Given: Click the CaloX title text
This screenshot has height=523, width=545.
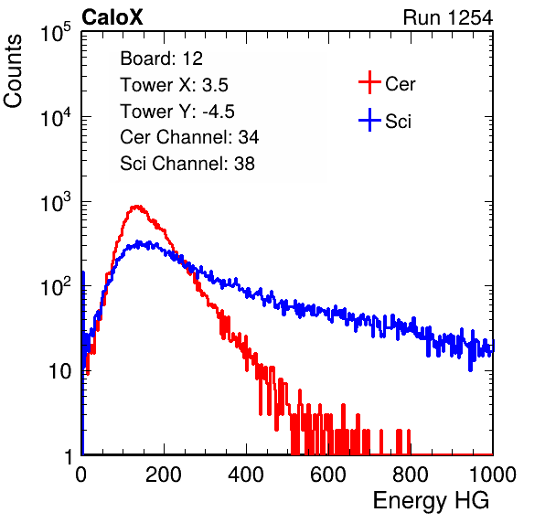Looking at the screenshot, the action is coord(112,17).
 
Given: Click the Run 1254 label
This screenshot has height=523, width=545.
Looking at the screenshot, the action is coord(448,17).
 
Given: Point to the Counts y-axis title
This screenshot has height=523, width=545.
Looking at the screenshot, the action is coord(13,71).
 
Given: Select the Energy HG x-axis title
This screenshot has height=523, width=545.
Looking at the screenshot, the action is coord(431,501).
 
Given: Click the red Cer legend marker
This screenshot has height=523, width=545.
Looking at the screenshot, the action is coord(369,82).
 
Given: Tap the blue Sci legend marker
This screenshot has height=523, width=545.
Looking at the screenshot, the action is coord(369,120).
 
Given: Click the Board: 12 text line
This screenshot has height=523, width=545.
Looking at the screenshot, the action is coord(161,59).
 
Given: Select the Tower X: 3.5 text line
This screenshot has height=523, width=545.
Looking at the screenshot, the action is coord(174,85).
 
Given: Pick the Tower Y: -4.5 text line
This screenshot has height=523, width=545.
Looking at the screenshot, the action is coord(177,112).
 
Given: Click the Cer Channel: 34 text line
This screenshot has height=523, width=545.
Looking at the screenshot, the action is coord(189,137).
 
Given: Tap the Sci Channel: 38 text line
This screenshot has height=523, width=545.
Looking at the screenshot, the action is coord(187,164).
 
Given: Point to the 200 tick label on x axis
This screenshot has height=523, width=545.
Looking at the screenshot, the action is coord(164,475).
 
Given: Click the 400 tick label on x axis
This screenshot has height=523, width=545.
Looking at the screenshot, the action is coord(246,475).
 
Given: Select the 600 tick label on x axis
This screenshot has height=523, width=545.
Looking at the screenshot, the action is coord(328,475).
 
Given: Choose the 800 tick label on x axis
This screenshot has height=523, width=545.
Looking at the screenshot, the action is coord(411,475).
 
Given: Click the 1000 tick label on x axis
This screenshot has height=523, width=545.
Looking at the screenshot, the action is coord(493,475).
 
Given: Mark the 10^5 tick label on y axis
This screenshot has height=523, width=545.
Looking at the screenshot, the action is coord(56,32).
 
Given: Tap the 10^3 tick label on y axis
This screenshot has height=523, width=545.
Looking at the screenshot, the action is coord(56,202).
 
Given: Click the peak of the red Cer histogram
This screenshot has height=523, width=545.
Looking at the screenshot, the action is coord(137,207).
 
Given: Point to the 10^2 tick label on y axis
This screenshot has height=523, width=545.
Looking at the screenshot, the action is coord(56,287).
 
